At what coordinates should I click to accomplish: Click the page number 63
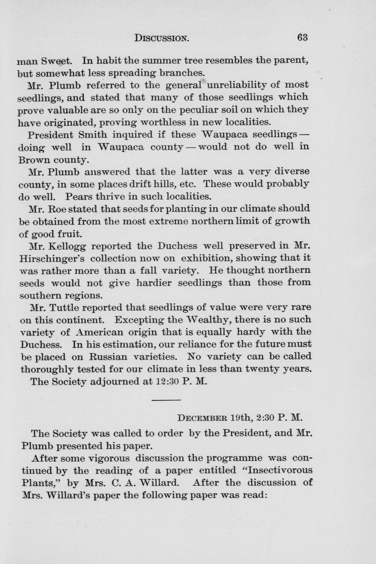(302, 38)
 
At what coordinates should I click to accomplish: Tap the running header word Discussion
(162, 38)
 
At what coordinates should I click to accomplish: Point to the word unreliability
(233, 85)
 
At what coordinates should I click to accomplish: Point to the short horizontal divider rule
(163, 400)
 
